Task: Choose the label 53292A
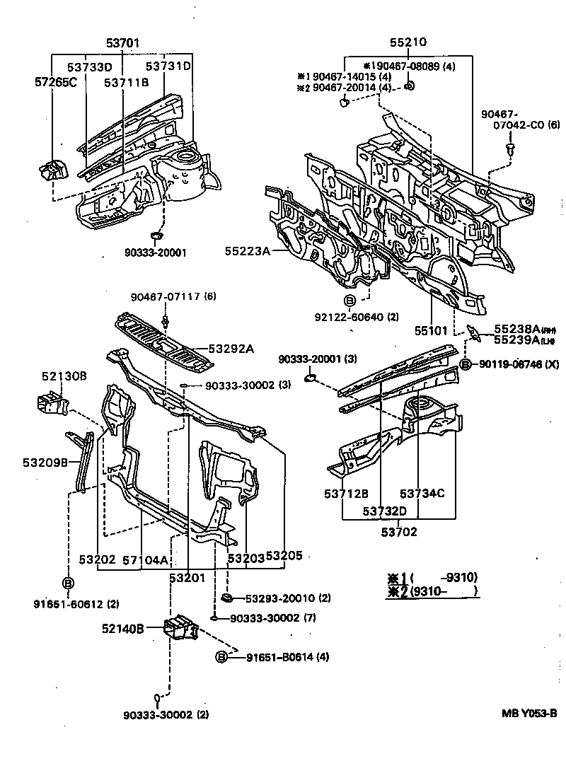(x=231, y=348)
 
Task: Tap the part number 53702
(x=400, y=532)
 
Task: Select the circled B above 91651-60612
(x=69, y=583)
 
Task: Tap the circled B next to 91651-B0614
(x=221, y=657)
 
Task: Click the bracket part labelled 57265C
(x=52, y=171)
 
